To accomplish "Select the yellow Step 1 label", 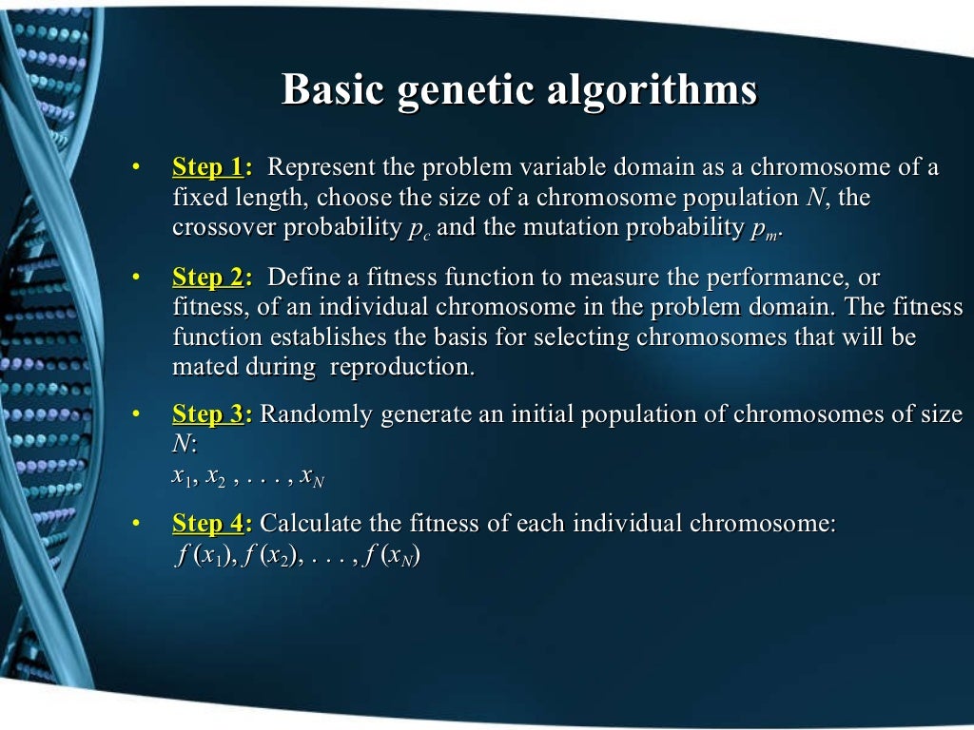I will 207,168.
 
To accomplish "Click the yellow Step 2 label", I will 207,278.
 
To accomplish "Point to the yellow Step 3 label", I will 207,414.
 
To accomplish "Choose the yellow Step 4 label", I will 207,524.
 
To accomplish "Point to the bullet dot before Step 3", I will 136,414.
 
